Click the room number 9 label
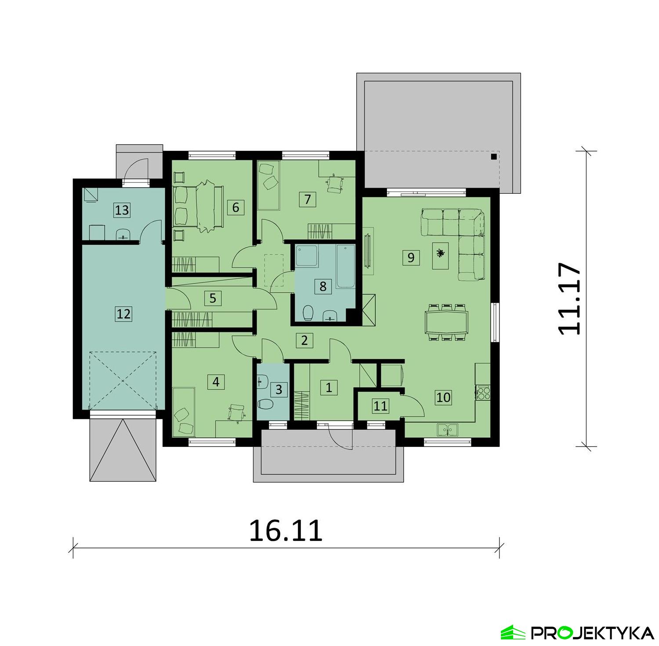411,257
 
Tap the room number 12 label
123,314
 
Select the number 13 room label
122,210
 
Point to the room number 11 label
380,406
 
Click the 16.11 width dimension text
286,530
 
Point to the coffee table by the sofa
440,255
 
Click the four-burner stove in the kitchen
483,392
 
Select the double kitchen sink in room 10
447,429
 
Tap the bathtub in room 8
345,266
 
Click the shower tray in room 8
307,256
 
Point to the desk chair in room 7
335,184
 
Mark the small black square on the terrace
494,156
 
